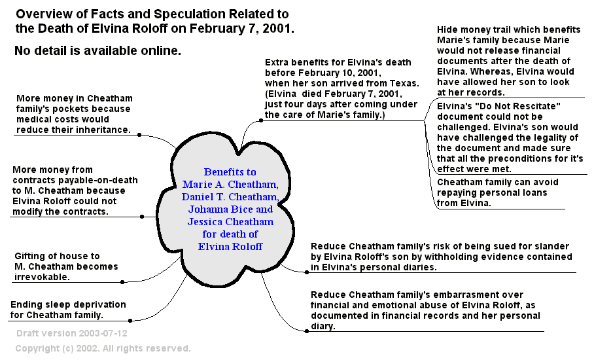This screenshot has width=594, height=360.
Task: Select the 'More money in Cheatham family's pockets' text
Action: (73, 113)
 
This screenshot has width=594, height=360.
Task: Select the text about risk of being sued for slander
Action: (440, 256)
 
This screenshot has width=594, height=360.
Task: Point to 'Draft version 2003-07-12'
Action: (72, 333)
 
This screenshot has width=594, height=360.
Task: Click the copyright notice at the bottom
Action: (103, 348)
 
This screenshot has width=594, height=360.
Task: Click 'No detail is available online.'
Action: (97, 50)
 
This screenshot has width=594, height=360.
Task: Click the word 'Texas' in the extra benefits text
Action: (402, 84)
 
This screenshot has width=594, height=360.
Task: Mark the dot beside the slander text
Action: (306, 270)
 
